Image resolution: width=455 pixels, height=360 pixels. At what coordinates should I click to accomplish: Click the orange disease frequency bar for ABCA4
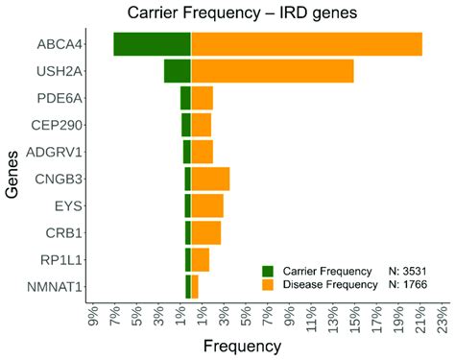point(306,44)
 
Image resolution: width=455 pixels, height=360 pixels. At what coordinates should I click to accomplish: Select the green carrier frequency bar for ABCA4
point(152,44)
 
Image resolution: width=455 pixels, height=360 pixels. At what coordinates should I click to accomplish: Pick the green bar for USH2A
point(178,71)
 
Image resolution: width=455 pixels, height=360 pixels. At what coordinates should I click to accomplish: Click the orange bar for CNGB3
point(210,179)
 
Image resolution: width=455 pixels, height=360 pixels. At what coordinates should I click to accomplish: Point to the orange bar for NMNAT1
point(195,286)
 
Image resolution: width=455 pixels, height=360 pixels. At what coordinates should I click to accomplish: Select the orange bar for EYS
point(207,205)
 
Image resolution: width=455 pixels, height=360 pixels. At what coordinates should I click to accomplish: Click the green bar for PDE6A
point(185,98)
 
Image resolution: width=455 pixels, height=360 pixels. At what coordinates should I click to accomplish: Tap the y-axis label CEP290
point(60,125)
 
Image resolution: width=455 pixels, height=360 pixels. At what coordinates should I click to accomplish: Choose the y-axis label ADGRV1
point(60,152)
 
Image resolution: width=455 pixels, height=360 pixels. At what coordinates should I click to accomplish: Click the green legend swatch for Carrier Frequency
point(268,271)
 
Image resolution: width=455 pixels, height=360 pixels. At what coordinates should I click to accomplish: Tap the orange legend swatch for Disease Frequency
point(268,285)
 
